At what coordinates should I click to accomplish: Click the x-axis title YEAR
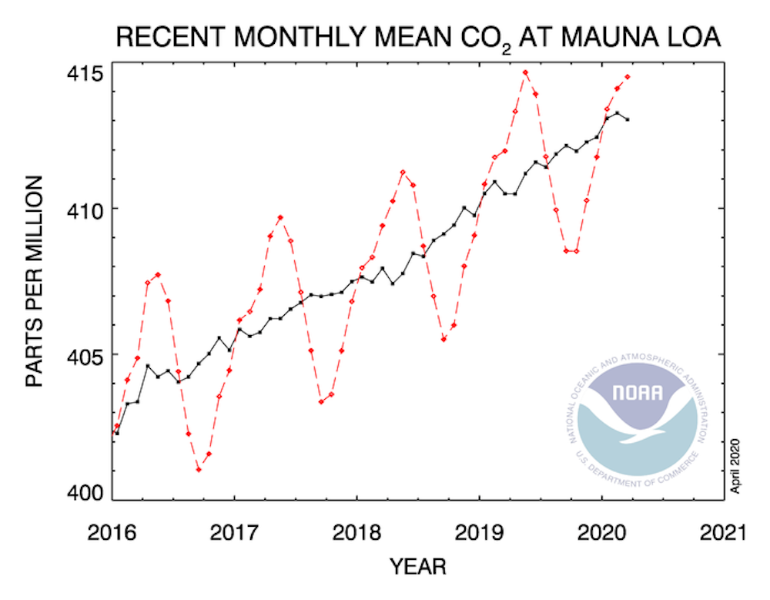coord(418,568)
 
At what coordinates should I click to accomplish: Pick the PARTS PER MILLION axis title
coord(35,281)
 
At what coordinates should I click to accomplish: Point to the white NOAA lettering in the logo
coord(637,392)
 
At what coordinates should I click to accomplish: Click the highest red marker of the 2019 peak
coord(525,72)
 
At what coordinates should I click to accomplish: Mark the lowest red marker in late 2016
coord(199,469)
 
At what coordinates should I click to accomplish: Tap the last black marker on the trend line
coord(628,119)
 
